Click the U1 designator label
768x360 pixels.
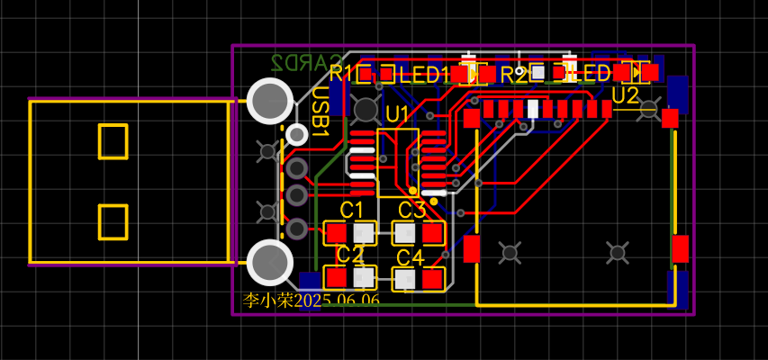tap(397, 113)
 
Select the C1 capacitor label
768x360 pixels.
tap(351, 210)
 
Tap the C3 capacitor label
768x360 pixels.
tap(411, 211)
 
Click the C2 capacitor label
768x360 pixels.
tap(349, 255)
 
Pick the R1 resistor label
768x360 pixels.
tap(341, 74)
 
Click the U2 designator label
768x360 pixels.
tap(625, 94)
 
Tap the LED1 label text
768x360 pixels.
tap(424, 75)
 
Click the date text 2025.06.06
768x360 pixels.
tap(338, 300)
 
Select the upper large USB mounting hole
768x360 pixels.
tap(269, 101)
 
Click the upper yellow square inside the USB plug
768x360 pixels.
tap(113, 142)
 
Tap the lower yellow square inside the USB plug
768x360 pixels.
tap(113, 221)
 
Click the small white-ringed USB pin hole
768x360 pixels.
tap(296, 135)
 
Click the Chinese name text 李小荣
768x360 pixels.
tap(269, 300)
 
